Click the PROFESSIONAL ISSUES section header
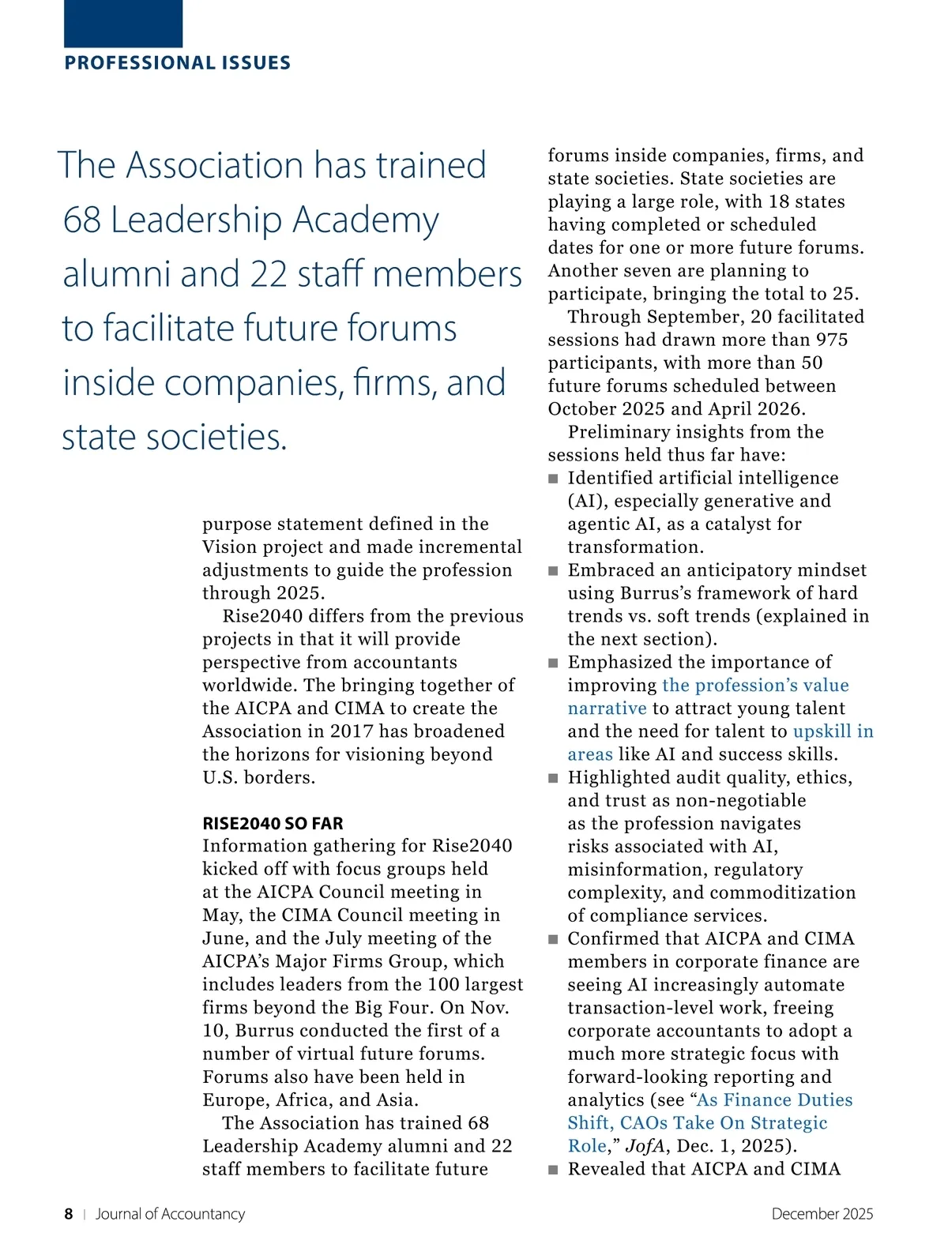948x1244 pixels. click(x=177, y=63)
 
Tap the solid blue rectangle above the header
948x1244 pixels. click(x=123, y=23)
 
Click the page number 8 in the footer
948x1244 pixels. click(x=69, y=1214)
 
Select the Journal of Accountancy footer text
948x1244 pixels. click(x=170, y=1214)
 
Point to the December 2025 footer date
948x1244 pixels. click(x=822, y=1214)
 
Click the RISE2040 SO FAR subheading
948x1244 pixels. click(x=273, y=823)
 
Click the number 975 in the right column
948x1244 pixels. click(x=831, y=340)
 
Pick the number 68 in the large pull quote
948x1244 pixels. click(x=81, y=220)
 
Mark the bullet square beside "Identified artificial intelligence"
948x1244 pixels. click(x=553, y=479)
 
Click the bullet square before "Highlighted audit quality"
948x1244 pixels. click(x=553, y=778)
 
